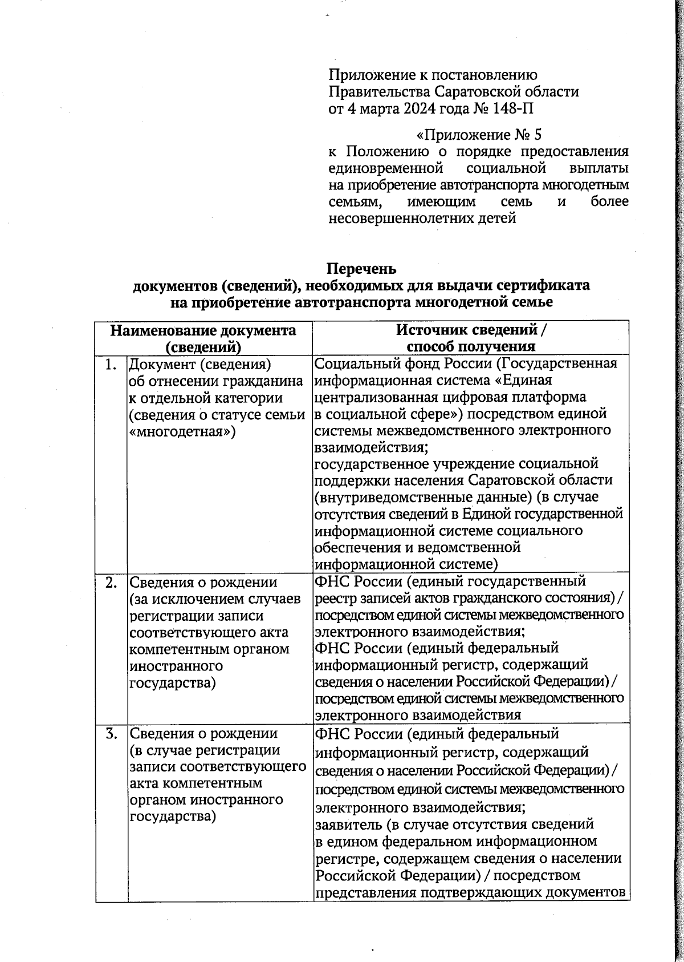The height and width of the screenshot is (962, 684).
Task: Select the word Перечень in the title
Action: tap(361, 268)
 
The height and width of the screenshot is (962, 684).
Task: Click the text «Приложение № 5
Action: tap(479, 135)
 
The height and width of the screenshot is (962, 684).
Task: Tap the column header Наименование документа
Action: tap(203, 331)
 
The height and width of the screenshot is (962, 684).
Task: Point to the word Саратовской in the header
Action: tap(491, 91)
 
